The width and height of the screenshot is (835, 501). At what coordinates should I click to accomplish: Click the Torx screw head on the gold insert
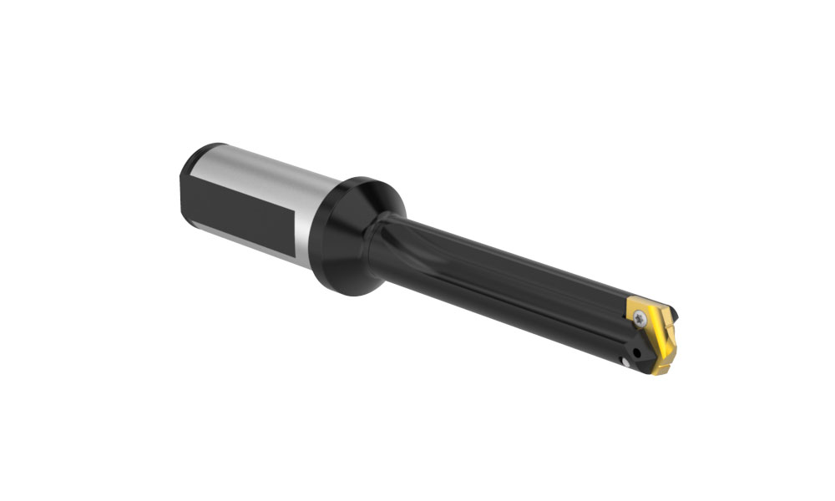(640, 317)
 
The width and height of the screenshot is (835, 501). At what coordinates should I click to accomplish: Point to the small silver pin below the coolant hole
(625, 362)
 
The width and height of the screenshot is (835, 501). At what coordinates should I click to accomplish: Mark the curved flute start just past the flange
(401, 234)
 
